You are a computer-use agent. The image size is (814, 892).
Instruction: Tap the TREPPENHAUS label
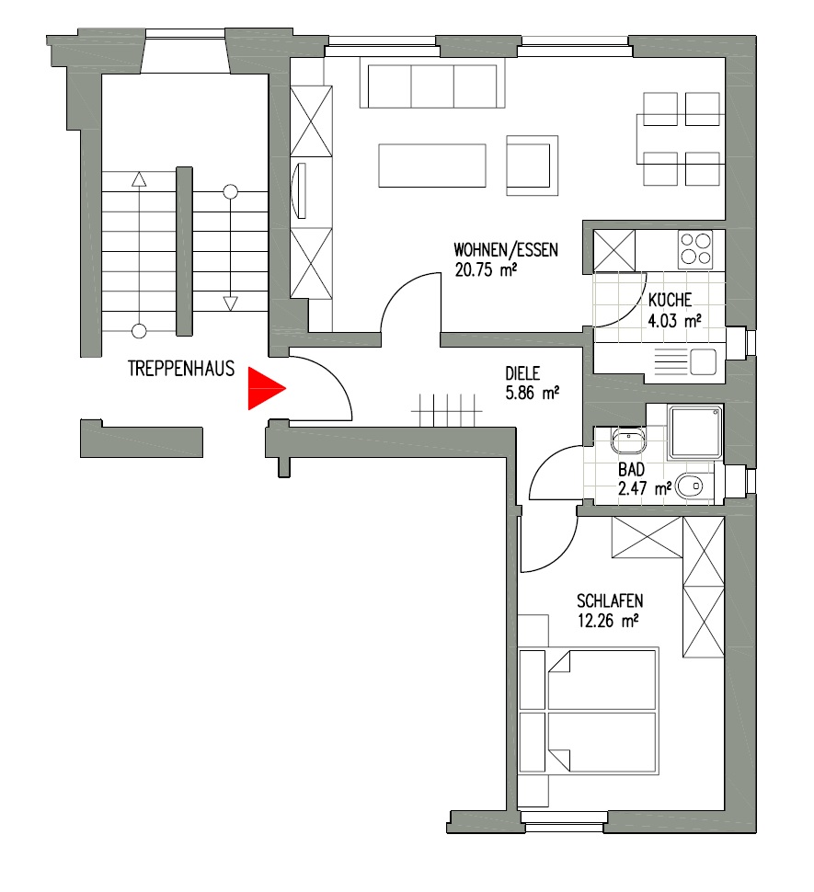(181, 369)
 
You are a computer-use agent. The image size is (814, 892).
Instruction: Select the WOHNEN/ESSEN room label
(506, 250)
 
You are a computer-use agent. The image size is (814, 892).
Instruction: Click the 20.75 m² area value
(486, 269)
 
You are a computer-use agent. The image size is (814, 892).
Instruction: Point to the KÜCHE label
(671, 299)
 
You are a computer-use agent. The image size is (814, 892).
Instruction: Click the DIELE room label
(522, 373)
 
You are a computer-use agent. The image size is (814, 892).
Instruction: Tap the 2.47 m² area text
(645, 488)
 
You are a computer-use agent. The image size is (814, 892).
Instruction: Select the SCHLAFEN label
(610, 600)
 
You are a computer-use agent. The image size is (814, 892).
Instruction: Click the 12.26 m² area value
(608, 621)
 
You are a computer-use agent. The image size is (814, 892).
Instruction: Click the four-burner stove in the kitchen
(695, 249)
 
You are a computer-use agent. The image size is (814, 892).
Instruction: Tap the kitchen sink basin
(703, 361)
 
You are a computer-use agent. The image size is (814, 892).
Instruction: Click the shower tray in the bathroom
(696, 432)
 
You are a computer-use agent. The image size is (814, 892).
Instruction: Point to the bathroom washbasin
(627, 440)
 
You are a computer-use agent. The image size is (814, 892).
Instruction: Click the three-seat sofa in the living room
(433, 85)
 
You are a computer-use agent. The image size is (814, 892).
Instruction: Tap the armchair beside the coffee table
(532, 166)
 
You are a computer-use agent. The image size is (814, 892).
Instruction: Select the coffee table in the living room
(432, 166)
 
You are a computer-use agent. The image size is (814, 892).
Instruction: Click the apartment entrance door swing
(321, 389)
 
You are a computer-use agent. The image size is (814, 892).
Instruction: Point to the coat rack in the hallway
(447, 410)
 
